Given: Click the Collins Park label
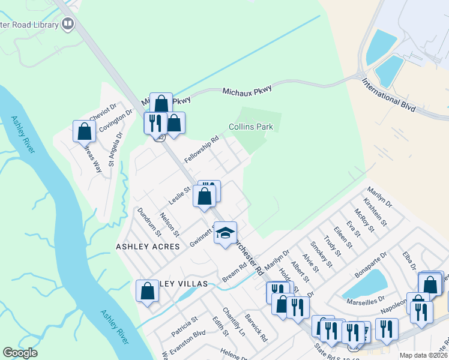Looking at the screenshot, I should (250, 127).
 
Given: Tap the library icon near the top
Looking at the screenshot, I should (68, 24).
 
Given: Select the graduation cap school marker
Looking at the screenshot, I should (225, 233).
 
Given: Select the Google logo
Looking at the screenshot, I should (20, 353).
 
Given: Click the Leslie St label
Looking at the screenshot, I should (179, 196).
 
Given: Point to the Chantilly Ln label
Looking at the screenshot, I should (234, 321).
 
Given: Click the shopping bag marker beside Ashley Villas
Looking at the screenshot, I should (148, 292).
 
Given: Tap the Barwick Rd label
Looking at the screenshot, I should (256, 328).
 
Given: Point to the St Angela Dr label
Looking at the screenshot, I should (112, 150).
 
